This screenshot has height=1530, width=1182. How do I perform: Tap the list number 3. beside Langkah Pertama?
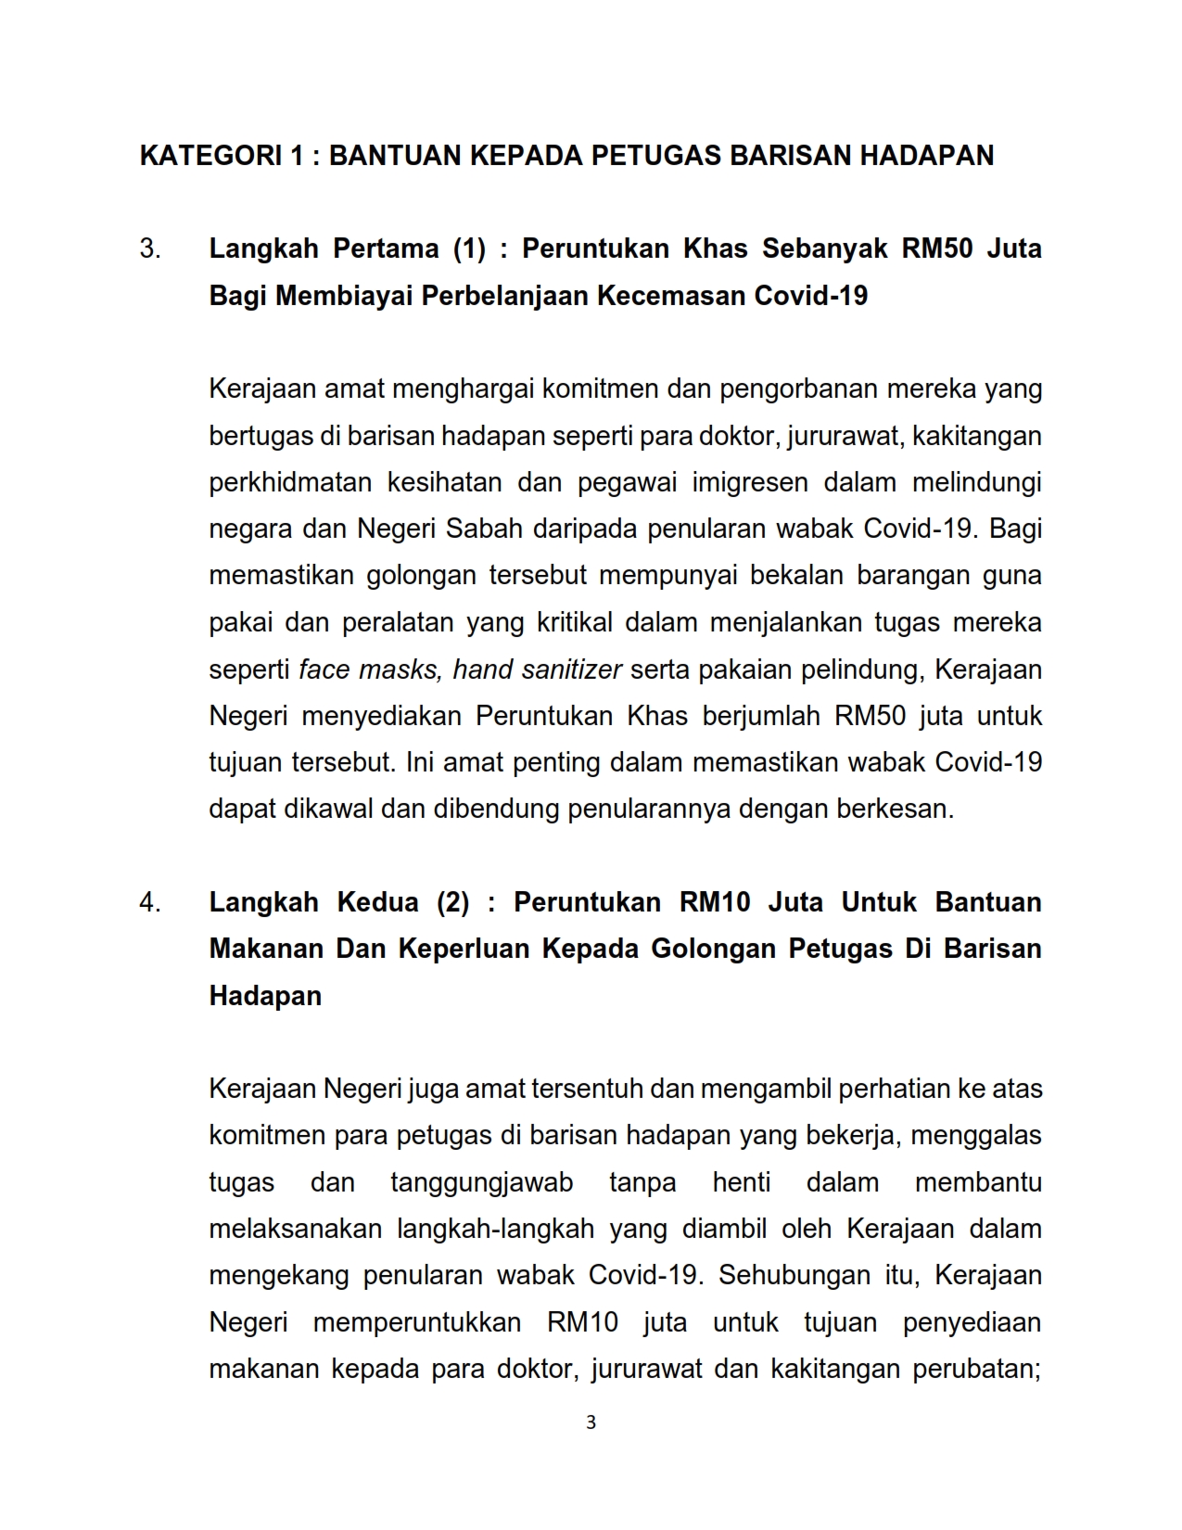point(150,249)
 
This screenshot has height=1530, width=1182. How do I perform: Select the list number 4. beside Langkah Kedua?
point(150,902)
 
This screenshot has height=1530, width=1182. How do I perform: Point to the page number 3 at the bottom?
point(591,1422)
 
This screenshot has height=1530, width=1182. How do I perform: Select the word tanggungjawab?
point(481,1182)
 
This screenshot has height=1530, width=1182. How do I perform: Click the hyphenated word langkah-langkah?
point(495,1229)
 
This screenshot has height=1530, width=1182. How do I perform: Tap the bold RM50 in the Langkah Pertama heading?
point(937,249)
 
